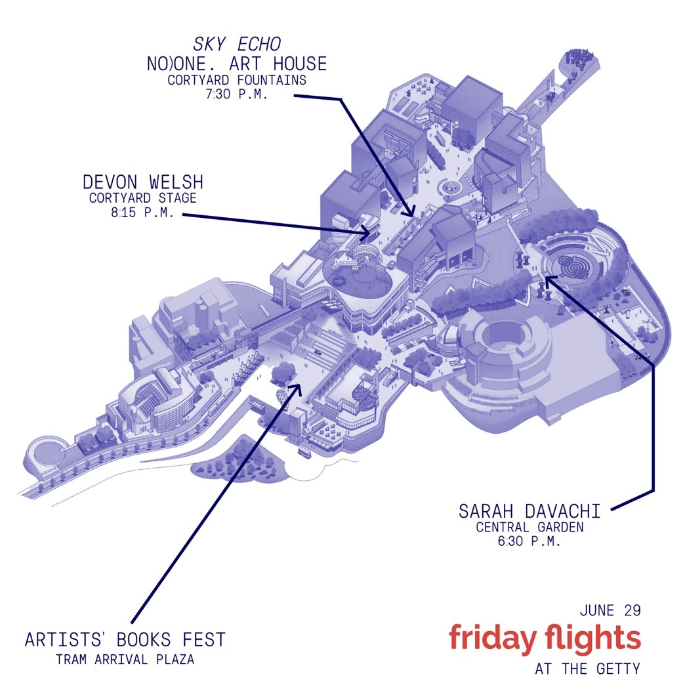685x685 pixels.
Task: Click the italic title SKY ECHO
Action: (x=237, y=44)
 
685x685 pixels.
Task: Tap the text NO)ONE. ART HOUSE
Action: (x=237, y=63)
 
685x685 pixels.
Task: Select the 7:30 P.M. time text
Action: (x=237, y=94)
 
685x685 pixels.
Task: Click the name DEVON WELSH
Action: (x=143, y=182)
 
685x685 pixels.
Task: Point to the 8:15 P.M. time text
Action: (x=143, y=213)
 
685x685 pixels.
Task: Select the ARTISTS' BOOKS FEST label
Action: (x=125, y=639)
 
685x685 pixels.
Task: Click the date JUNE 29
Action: (x=610, y=610)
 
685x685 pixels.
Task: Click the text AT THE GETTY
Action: (x=588, y=669)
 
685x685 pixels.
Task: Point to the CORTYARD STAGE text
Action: (x=143, y=198)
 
